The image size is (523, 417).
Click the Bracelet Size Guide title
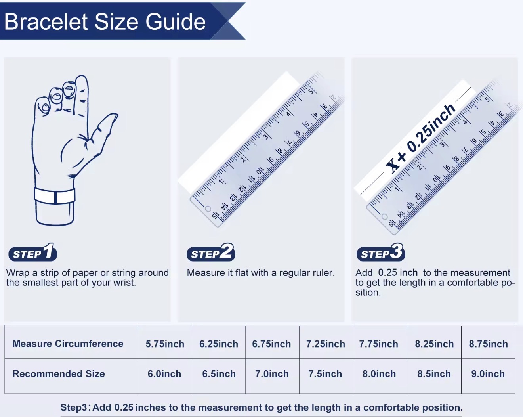[x=105, y=22]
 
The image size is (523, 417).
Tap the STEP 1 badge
[x=33, y=252]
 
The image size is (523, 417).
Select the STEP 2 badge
[x=211, y=252]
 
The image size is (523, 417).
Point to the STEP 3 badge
[x=381, y=252]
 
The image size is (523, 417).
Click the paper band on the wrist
[x=54, y=196]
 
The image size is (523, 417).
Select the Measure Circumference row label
[x=68, y=344]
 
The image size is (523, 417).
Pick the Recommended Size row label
[x=59, y=373]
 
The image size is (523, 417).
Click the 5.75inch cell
[x=165, y=344]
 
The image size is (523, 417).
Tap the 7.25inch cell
[x=325, y=344]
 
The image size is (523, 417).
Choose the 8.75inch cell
[x=488, y=344]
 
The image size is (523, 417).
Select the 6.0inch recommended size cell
[x=164, y=374]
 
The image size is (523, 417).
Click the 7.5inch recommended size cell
[x=325, y=374]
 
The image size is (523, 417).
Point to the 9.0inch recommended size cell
[x=488, y=374]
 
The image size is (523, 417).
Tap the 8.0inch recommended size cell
[x=379, y=374]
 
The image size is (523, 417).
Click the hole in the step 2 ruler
[x=208, y=209]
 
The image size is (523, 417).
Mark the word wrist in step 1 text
[x=124, y=283]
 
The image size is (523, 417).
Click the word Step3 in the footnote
[x=74, y=407]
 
